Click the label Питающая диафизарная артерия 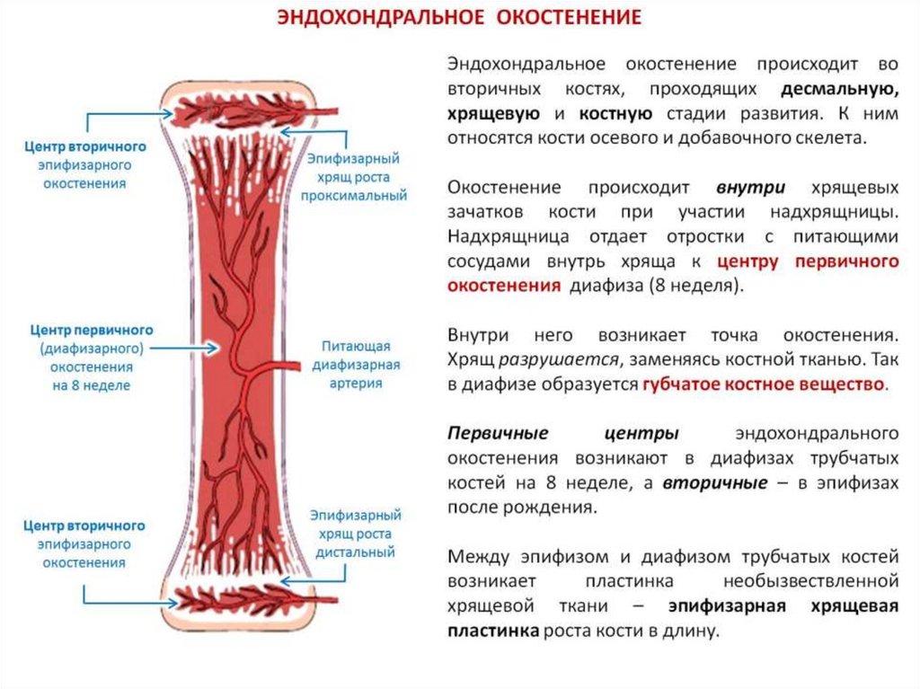[x=356, y=364]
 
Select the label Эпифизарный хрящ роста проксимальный [x=354, y=176]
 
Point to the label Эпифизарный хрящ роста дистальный [x=355, y=534]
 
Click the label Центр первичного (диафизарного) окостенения [x=90, y=358]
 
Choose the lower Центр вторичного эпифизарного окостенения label [x=84, y=543]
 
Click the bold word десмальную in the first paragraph [x=839, y=90]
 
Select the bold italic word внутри [x=751, y=189]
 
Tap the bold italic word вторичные [x=715, y=482]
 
